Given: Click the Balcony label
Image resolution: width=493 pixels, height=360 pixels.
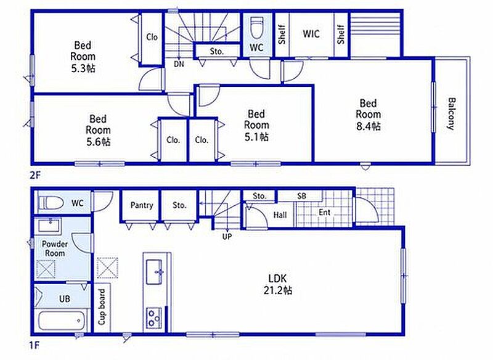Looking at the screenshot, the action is point(451,114).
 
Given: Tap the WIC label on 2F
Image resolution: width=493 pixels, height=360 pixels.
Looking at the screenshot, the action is point(311,34).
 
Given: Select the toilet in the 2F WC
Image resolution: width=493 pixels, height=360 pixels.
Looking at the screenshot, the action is point(256,27).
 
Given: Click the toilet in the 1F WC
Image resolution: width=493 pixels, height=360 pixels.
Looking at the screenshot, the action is point(51,203).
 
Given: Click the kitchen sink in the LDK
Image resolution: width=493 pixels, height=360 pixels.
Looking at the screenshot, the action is point(155,272).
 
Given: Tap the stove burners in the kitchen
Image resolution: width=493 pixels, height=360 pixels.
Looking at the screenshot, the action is point(153,318).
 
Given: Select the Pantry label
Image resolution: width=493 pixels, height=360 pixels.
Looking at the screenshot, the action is point(142,206).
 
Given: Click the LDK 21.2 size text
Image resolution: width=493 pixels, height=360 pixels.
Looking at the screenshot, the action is point(278,290).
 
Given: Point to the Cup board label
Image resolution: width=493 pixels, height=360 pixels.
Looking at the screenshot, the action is point(102,307).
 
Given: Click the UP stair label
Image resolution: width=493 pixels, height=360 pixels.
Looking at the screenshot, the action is point(227,237).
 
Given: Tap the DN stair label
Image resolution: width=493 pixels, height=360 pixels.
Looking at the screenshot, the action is point(179,64).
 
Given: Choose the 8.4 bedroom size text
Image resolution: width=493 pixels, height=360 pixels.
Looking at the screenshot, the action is point(368,126).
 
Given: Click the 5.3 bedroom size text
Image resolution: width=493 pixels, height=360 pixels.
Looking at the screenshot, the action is point(83,68).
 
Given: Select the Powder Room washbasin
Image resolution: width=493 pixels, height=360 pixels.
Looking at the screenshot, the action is point(49,226).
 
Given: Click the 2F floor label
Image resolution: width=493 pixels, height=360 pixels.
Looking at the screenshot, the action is point(35,175).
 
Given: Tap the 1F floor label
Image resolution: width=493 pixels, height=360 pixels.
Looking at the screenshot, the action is point(35,346).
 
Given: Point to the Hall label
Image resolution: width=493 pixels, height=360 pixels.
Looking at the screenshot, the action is point(280,215).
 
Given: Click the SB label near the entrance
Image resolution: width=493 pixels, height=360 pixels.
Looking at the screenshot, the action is point(301,196).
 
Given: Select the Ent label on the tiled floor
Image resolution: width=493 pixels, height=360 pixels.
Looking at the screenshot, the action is point(325,213).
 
